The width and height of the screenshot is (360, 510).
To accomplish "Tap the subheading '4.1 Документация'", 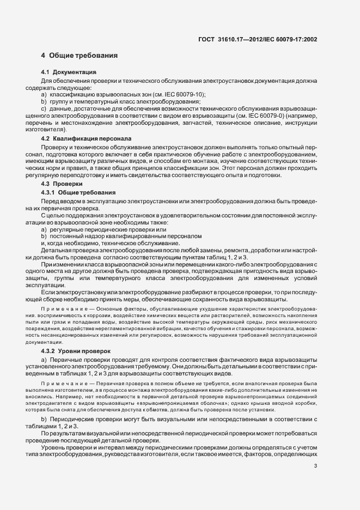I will pyautogui.click(x=69, y=72).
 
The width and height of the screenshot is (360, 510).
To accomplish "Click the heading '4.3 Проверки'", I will pyautogui.click(x=62, y=185).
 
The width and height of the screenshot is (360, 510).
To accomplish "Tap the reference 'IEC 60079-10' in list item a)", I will pyautogui.click(x=184, y=94).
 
